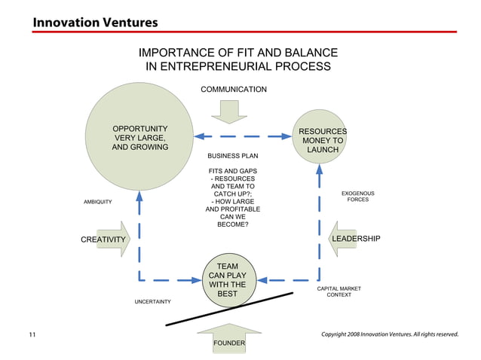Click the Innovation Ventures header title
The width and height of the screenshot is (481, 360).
94,22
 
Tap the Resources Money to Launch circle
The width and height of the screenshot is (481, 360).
322,140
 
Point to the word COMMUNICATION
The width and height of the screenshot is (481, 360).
233,90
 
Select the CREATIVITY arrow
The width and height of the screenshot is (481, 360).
105,239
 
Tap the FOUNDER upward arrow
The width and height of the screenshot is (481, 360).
228,340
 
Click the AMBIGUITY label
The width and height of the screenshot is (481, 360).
97,202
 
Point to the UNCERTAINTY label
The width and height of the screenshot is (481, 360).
152,302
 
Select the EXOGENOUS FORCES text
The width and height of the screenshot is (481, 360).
357,197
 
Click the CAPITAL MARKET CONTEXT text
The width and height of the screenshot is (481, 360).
339,291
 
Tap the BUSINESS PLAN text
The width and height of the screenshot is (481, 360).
232,157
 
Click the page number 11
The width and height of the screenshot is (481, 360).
32,334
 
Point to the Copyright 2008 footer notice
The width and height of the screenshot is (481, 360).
389,334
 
